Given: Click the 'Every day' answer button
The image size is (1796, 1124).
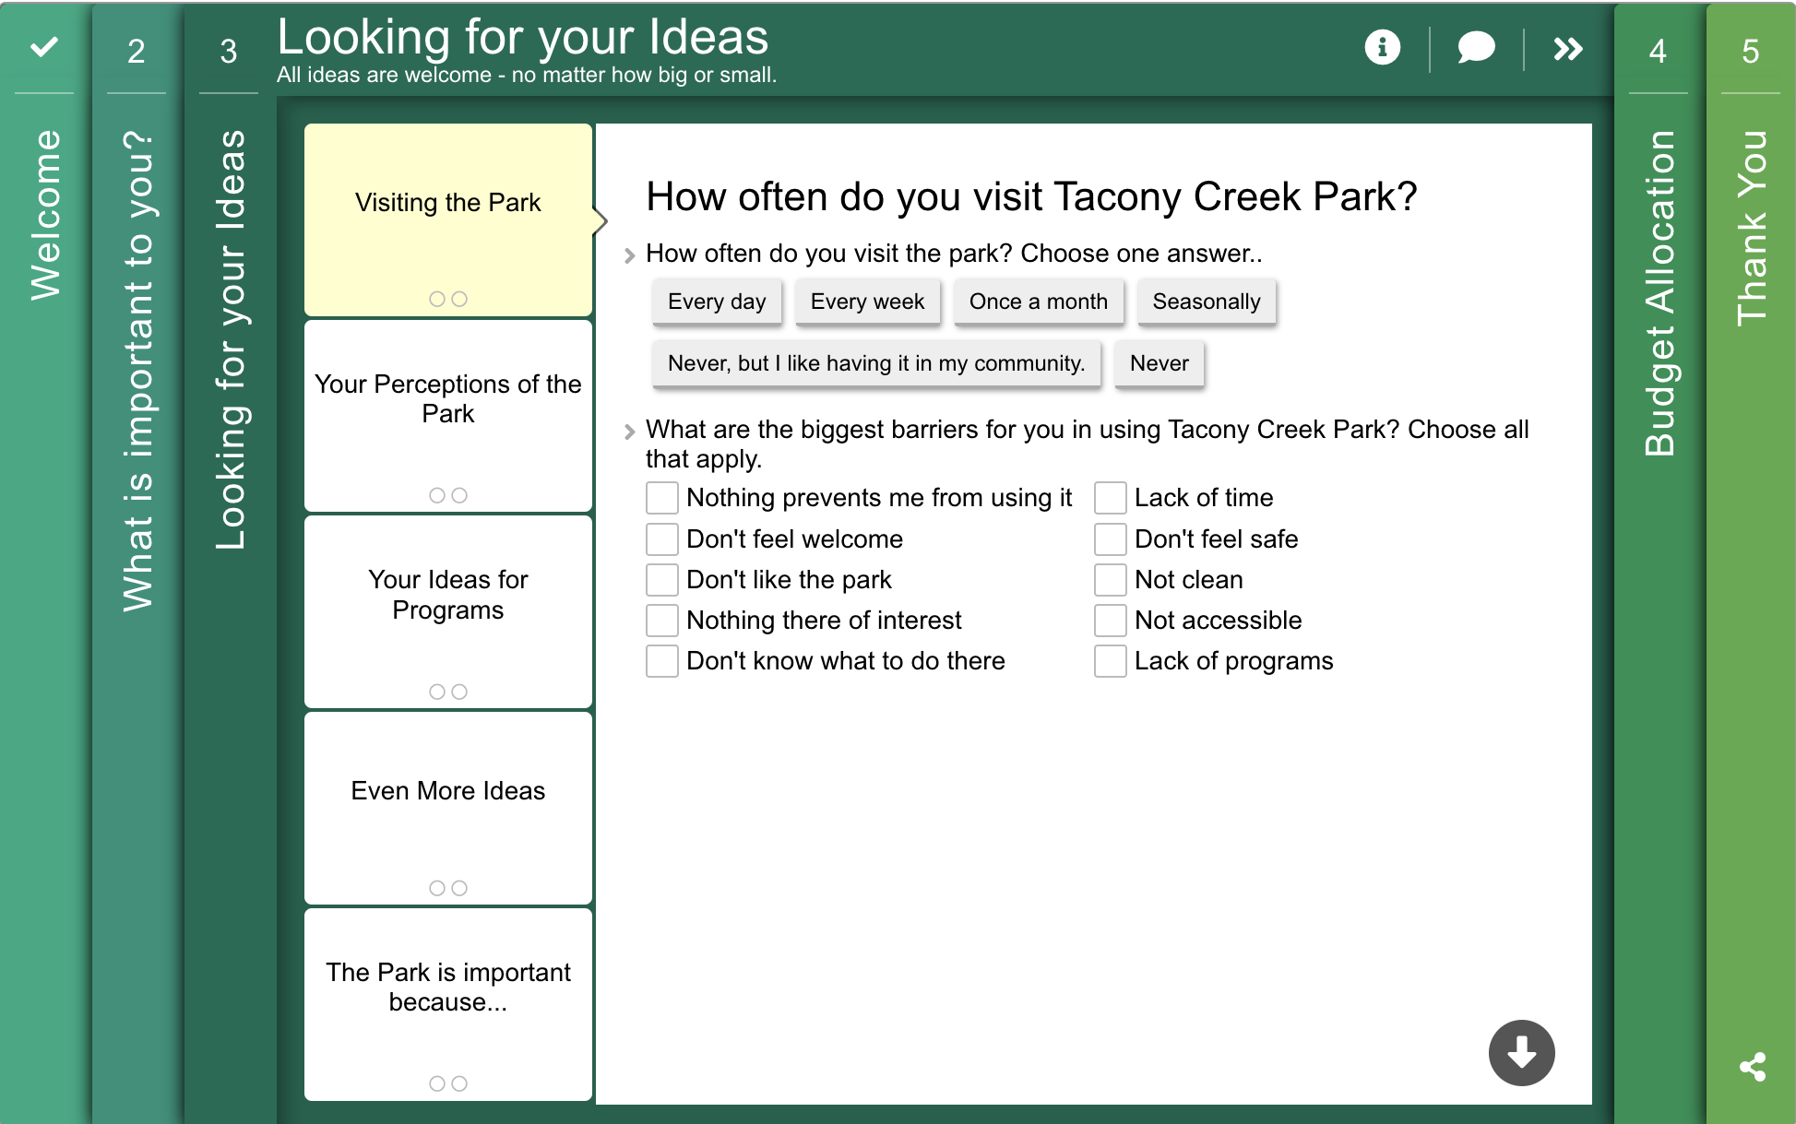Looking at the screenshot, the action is (717, 302).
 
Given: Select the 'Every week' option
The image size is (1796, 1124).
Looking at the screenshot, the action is (867, 302).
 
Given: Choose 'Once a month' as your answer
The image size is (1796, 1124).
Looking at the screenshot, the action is (1039, 302).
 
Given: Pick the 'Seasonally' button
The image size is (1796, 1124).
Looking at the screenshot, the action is (1207, 302).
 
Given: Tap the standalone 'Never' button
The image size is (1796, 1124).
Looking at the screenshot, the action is (1160, 363).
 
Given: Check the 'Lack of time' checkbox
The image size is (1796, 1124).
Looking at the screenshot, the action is (1111, 498).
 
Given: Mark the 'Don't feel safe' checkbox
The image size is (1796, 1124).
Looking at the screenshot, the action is (1111, 538).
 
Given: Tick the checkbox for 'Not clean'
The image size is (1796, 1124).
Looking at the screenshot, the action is (1111, 579).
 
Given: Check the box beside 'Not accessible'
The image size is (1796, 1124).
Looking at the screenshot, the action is (1111, 620).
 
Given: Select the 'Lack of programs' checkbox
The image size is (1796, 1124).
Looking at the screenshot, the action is (1111, 661).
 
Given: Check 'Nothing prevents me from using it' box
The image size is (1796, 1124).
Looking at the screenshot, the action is (662, 498).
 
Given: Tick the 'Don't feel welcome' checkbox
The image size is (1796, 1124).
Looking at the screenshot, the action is (662, 538).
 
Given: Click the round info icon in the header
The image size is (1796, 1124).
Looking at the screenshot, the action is (1382, 47).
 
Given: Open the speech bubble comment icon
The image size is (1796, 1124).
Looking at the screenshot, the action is (1476, 47).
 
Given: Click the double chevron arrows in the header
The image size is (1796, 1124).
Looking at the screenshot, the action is (1568, 48).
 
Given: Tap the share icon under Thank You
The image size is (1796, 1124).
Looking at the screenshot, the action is (1753, 1067).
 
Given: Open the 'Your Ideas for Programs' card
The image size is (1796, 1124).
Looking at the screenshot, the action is (448, 611).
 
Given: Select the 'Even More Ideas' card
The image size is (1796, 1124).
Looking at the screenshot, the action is (448, 808).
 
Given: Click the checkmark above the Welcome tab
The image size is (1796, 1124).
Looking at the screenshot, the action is (44, 46).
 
